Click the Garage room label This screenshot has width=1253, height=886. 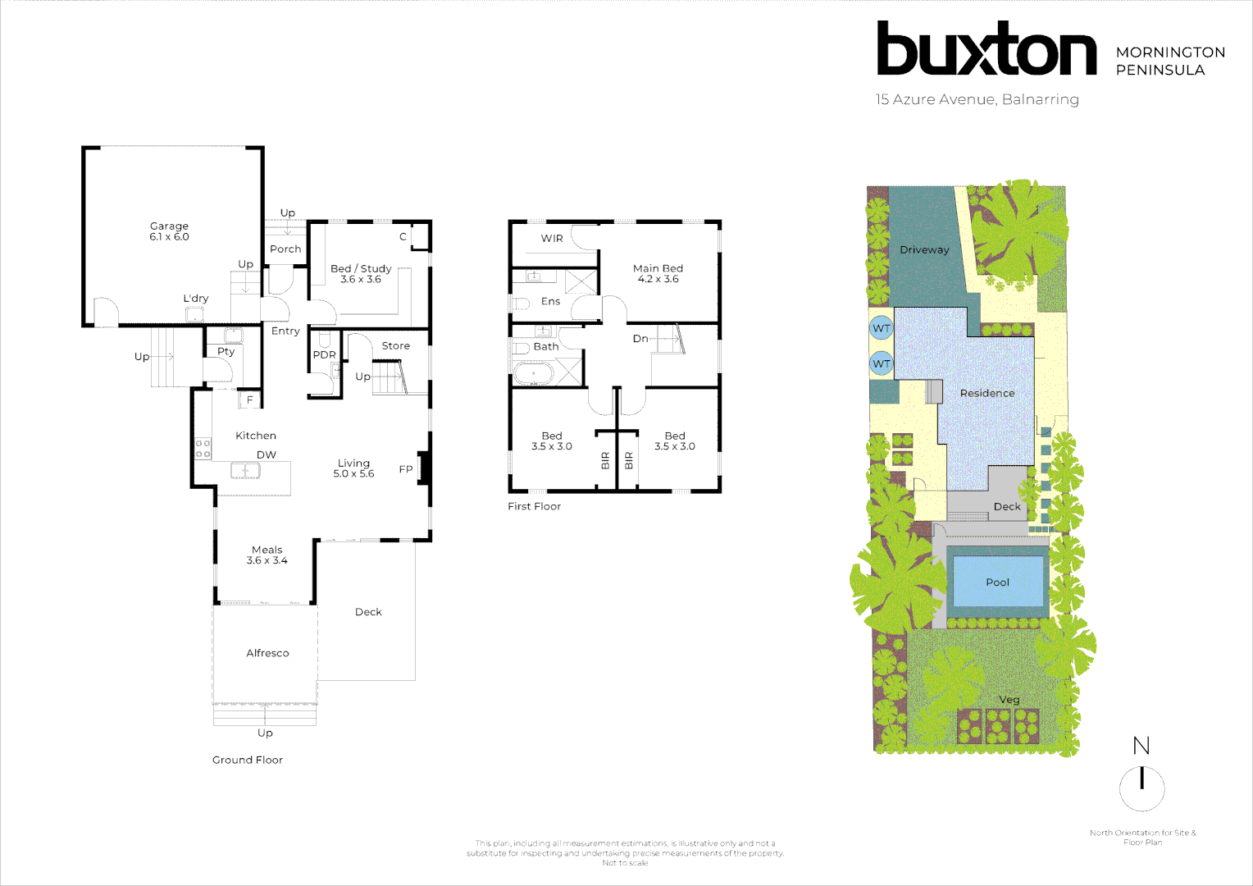[x=169, y=226]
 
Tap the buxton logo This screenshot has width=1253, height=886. [x=986, y=49]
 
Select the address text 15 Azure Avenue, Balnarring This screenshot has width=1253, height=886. [x=977, y=99]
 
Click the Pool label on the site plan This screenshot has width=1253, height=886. [x=997, y=582]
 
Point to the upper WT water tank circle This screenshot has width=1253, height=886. [x=881, y=328]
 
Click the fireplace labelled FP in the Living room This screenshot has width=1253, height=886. [x=424, y=468]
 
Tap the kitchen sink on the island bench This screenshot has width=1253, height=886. [x=245, y=470]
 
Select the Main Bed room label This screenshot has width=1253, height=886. [x=658, y=268]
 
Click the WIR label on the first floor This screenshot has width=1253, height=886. [x=552, y=239]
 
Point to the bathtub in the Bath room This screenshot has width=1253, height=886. [x=534, y=374]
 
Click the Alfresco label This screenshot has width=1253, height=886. [x=267, y=653]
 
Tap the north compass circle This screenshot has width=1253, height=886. [x=1141, y=788]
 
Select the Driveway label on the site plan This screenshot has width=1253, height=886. [x=924, y=250]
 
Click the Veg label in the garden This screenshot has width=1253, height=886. [x=1009, y=700]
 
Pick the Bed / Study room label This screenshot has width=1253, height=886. [x=361, y=269]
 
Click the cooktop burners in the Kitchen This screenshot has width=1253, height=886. [x=203, y=449]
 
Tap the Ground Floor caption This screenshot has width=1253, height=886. [x=248, y=760]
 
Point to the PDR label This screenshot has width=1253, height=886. [x=324, y=355]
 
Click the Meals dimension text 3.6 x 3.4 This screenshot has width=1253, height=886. [x=267, y=561]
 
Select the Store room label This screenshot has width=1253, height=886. [x=395, y=346]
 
